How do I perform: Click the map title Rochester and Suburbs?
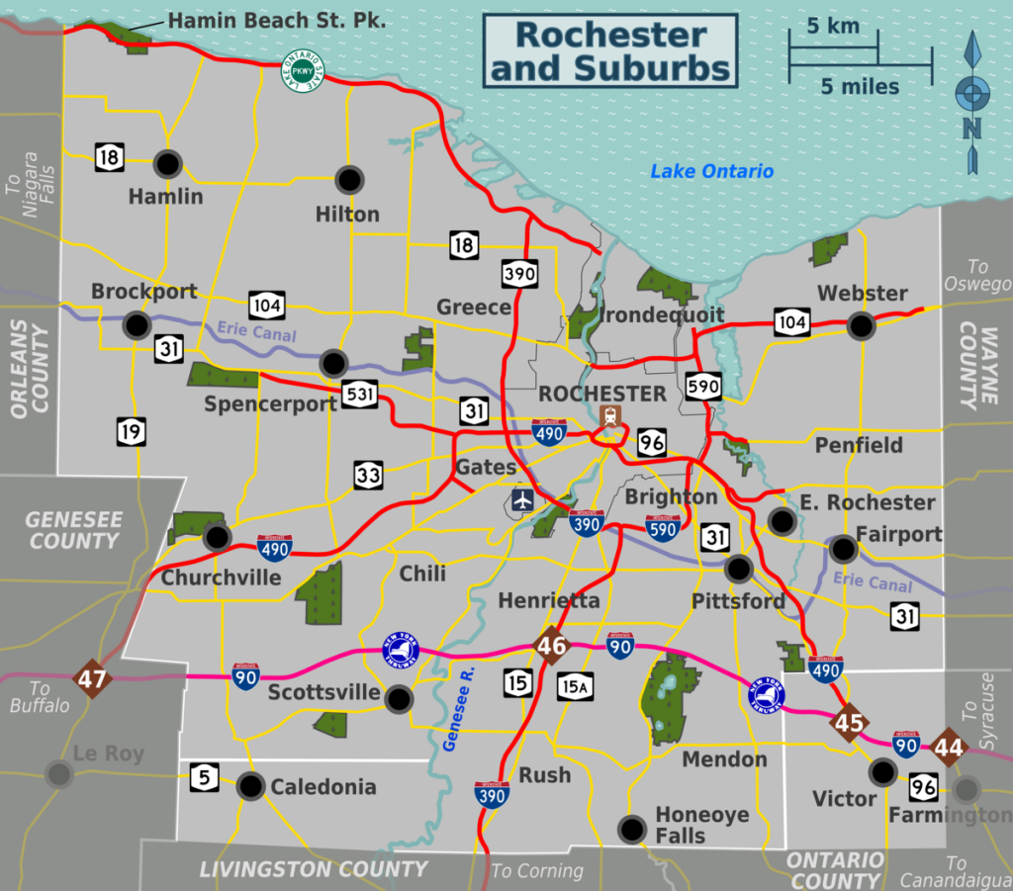pyautogui.click(x=610, y=50)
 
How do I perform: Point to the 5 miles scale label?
pyautogui.click(x=860, y=87)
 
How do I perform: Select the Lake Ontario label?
pyautogui.click(x=711, y=172)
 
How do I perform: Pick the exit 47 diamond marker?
pyautogui.click(x=91, y=679)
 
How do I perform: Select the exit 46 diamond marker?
pyautogui.click(x=551, y=647)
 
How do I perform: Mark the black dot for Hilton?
pyautogui.click(x=349, y=179)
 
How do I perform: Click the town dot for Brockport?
pyautogui.click(x=137, y=324)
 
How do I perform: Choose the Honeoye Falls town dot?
pyautogui.click(x=630, y=827)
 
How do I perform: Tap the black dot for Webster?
pyautogui.click(x=862, y=324)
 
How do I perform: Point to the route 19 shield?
pyautogui.click(x=130, y=431)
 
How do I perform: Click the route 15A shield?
pyautogui.click(x=575, y=684)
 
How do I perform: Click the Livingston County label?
pyautogui.click(x=314, y=869)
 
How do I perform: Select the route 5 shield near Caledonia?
pyautogui.click(x=204, y=778)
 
